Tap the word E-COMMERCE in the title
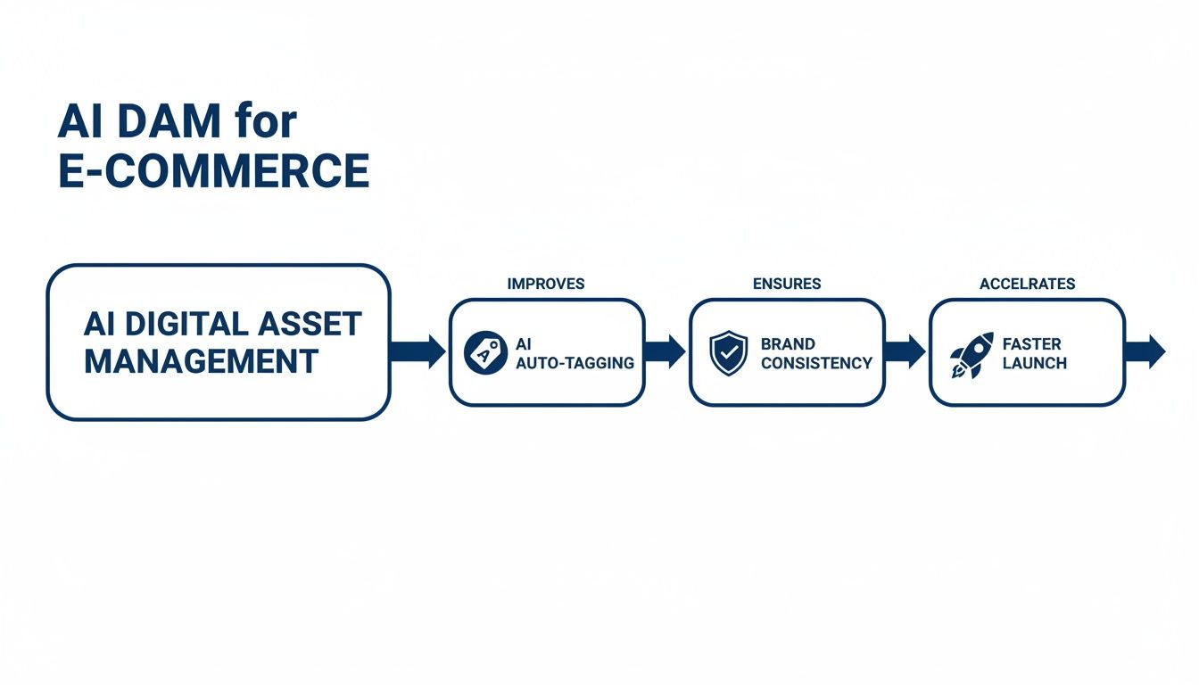point(213,170)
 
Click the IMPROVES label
point(546,284)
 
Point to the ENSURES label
point(787,284)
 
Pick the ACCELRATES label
point(1027,284)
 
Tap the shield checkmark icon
point(728,353)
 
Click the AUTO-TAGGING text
point(575,363)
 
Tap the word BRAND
point(788,343)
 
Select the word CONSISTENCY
point(815,363)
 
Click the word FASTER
point(1031,343)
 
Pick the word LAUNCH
point(1034,363)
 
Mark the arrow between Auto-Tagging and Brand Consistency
point(666,351)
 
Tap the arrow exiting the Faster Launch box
point(1145,351)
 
